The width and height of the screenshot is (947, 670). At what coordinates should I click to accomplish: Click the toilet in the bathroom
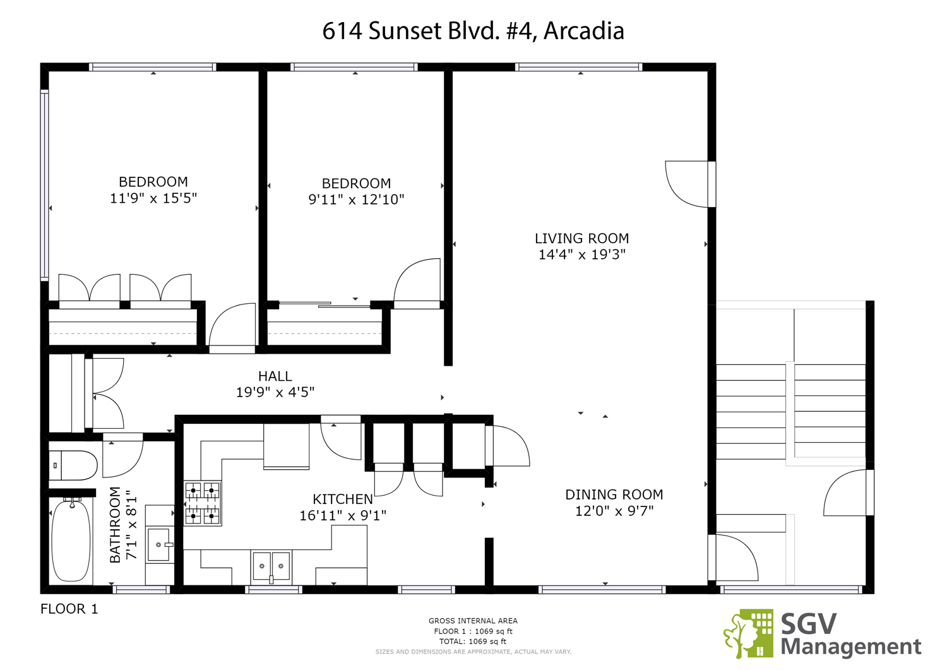pyautogui.click(x=73, y=465)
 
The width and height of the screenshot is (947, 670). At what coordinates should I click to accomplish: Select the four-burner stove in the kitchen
pyautogui.click(x=203, y=503)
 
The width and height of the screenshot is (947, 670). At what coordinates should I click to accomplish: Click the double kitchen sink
pyautogui.click(x=271, y=566)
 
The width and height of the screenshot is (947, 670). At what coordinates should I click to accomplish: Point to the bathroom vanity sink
pyautogui.click(x=159, y=545)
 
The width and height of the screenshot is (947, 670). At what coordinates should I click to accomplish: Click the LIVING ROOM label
pyautogui.click(x=581, y=239)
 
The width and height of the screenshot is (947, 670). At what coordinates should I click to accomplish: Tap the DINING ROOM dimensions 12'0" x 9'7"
pyautogui.click(x=614, y=511)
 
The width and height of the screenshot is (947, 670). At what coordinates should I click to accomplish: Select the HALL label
pyautogui.click(x=275, y=376)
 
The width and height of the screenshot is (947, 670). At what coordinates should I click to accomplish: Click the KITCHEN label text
pyautogui.click(x=343, y=500)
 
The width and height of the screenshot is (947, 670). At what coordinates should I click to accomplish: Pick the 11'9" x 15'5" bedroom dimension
pyautogui.click(x=153, y=198)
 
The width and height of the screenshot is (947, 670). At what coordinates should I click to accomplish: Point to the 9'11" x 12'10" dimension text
pyautogui.click(x=357, y=199)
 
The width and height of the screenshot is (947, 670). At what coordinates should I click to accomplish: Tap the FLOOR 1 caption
pyautogui.click(x=69, y=609)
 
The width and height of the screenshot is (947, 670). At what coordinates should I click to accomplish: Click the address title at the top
pyautogui.click(x=473, y=31)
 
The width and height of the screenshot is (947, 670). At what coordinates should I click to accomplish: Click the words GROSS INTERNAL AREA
pyautogui.click(x=473, y=621)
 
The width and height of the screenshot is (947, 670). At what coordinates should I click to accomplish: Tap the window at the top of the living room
pyautogui.click(x=579, y=67)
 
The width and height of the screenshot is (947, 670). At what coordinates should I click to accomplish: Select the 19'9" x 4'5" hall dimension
pyautogui.click(x=275, y=393)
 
